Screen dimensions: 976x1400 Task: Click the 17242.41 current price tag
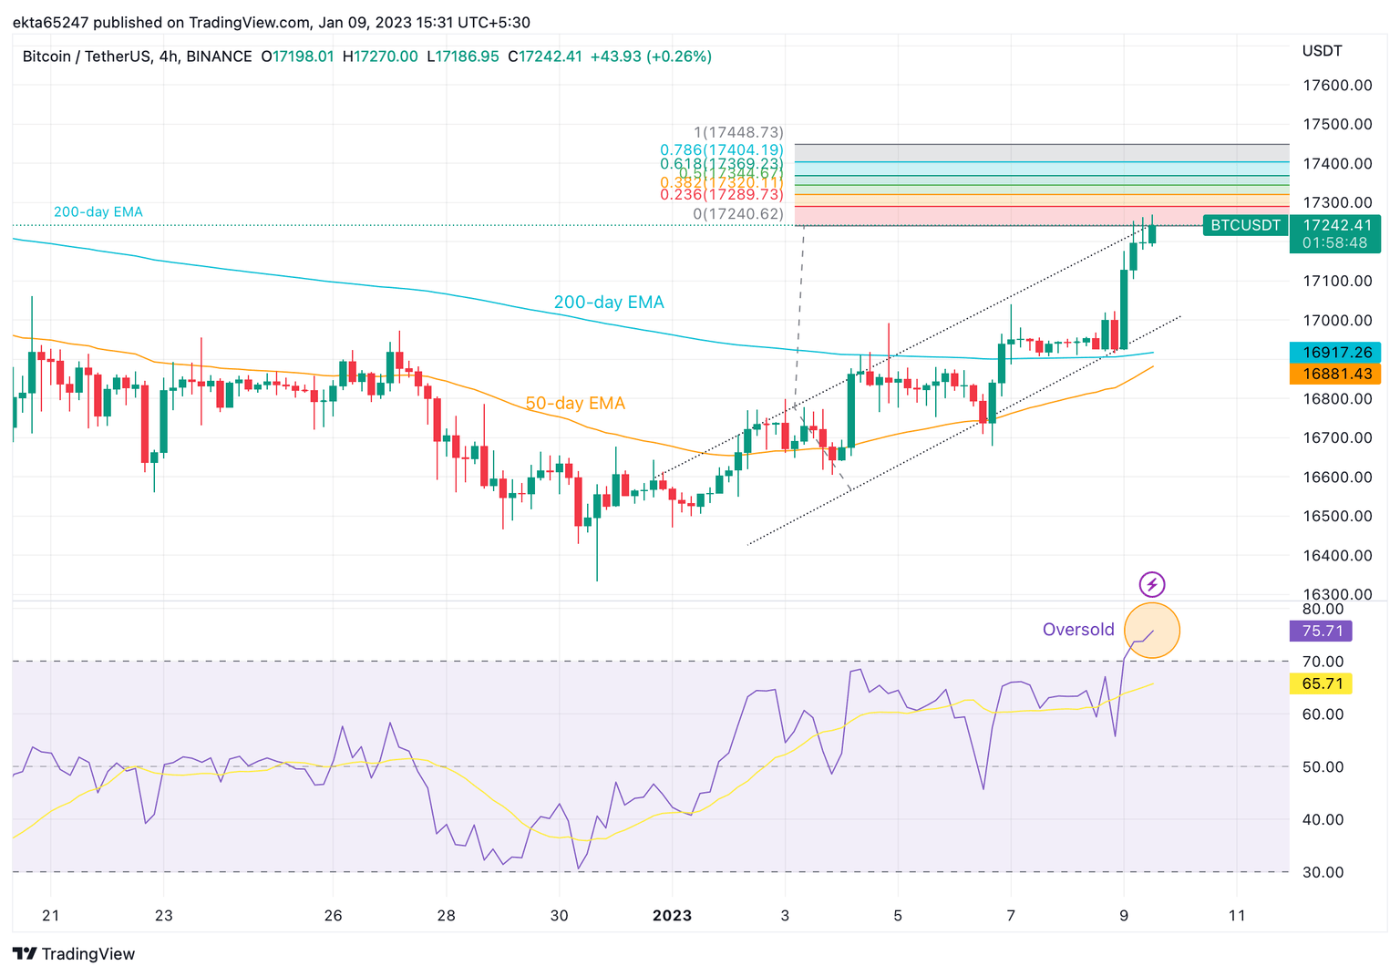(x=1336, y=225)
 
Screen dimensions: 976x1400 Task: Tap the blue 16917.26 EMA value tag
(x=1336, y=352)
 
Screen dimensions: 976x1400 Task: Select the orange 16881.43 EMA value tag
(x=1336, y=374)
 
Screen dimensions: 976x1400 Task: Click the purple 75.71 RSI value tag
(x=1322, y=631)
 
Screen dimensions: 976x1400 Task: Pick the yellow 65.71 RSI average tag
(x=1322, y=683)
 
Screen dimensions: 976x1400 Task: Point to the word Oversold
(x=1078, y=630)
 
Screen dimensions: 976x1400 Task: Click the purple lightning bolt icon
(x=1152, y=584)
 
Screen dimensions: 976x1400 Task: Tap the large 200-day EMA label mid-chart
(x=609, y=303)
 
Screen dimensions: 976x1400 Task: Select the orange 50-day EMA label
(x=575, y=403)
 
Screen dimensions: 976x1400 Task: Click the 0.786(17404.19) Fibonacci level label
(x=721, y=149)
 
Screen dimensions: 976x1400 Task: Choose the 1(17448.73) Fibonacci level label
(x=738, y=133)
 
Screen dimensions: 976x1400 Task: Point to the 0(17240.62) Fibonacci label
(x=738, y=214)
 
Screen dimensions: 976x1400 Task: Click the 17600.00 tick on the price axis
(x=1337, y=86)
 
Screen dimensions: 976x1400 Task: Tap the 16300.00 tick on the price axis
(x=1337, y=594)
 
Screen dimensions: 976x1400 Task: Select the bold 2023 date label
(x=672, y=916)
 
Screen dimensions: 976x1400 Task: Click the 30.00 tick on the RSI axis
(x=1323, y=872)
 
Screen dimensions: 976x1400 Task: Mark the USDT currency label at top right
(x=1322, y=51)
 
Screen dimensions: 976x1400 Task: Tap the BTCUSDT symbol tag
(x=1245, y=225)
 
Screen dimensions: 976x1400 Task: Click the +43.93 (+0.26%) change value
(x=651, y=57)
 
